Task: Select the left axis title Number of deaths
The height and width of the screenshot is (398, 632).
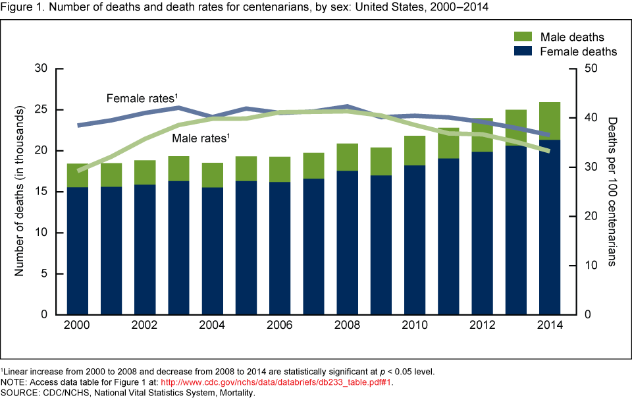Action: tap(20, 191)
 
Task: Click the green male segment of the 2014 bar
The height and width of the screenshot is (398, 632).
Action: tap(550, 121)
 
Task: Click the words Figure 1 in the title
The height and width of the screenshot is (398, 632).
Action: tap(22, 7)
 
